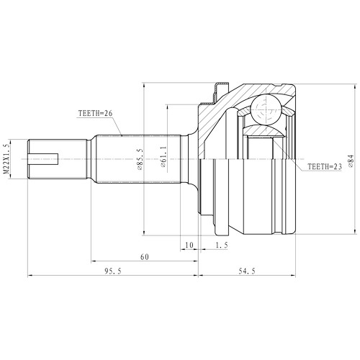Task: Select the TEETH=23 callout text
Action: [x=325, y=167]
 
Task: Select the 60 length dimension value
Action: [x=144, y=256]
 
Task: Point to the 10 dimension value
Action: [x=189, y=246]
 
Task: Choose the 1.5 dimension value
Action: [x=222, y=246]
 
